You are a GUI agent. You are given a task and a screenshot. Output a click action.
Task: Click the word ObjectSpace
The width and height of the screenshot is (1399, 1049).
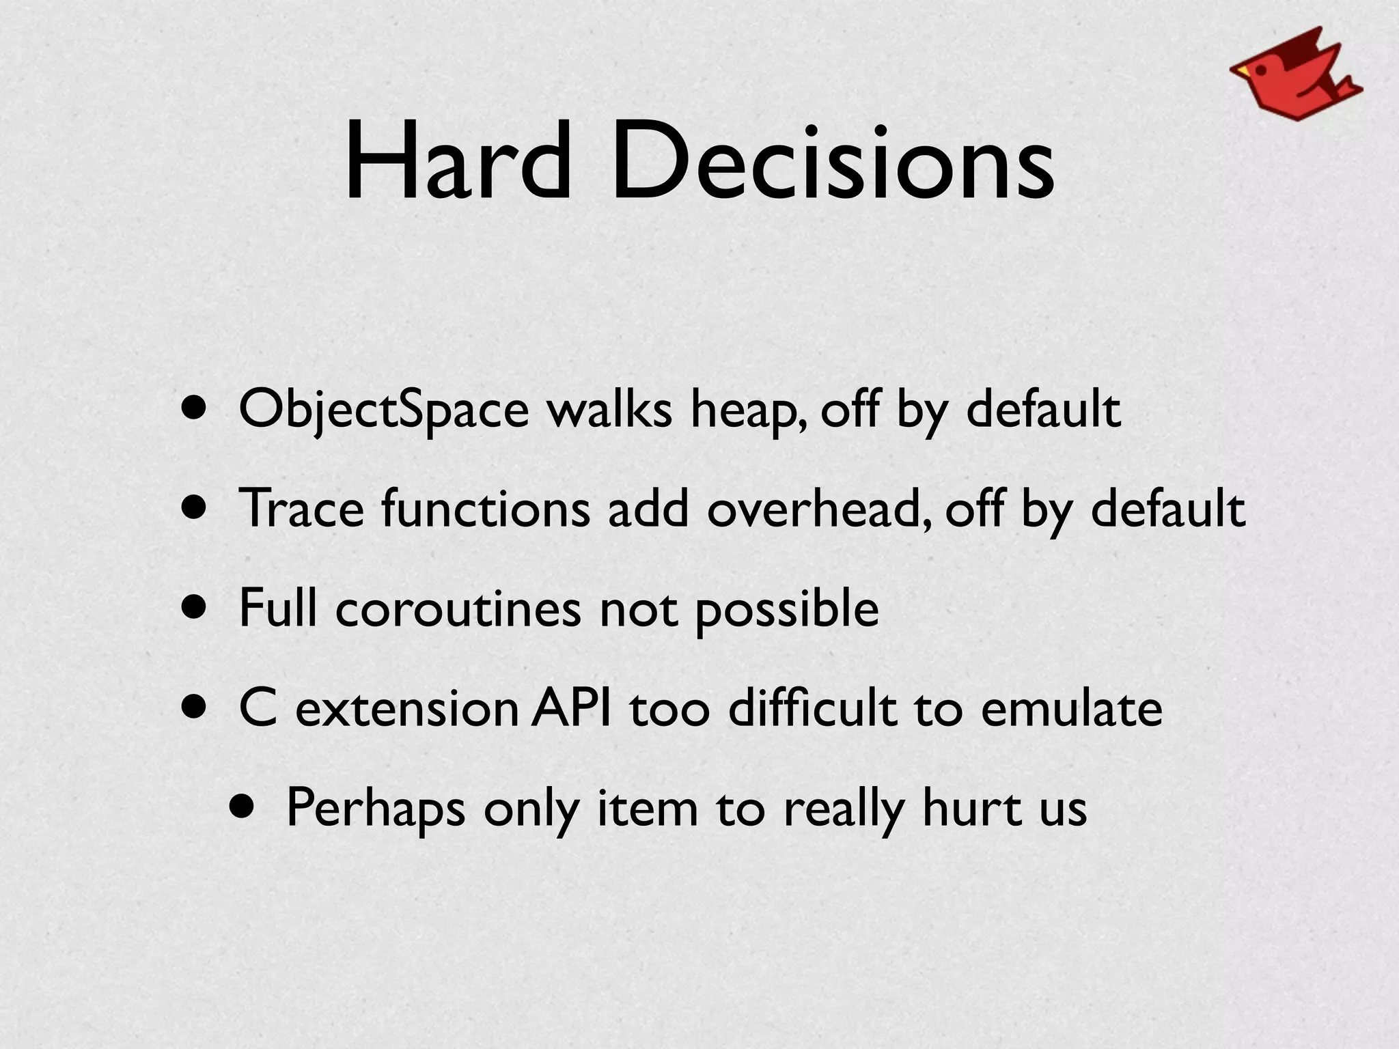coord(383,410)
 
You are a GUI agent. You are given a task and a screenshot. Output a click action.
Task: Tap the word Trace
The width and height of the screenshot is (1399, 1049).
coord(301,509)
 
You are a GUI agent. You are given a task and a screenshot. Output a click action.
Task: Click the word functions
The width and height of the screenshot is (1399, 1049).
coord(485,509)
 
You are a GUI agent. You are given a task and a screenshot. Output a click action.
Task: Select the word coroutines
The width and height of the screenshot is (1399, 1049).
coord(458,608)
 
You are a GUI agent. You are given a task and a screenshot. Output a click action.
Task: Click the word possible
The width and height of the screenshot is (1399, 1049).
coord(786,608)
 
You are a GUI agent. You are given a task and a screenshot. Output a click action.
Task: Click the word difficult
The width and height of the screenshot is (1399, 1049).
coord(812,708)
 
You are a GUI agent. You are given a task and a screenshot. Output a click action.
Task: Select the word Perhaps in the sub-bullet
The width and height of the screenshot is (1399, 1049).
coord(375,808)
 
